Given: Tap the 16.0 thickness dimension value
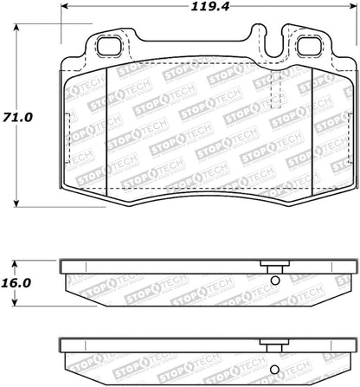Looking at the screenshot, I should [x=18, y=283].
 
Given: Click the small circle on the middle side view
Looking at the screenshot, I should [x=275, y=279].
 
